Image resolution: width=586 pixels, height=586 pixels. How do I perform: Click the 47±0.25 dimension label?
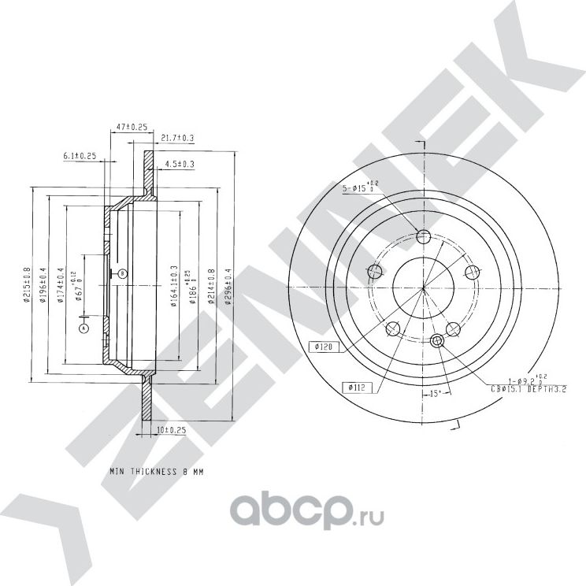pos(132,126)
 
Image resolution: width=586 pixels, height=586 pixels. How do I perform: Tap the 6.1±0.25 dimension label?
pos(80,156)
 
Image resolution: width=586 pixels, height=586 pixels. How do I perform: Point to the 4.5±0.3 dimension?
pos(180,164)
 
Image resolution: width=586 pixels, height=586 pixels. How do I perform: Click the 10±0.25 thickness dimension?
pos(170,430)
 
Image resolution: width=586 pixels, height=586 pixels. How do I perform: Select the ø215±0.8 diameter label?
pos(28,285)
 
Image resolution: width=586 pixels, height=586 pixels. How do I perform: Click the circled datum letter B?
pos(122,273)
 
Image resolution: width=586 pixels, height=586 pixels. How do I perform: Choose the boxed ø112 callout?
pos(354,387)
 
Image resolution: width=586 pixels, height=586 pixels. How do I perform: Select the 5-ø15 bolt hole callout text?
pos(359,188)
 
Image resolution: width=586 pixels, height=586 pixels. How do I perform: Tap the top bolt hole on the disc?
pos(423,236)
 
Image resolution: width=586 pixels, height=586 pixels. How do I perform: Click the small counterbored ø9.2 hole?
pos(439,340)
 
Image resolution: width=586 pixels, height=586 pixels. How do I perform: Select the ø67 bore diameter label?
pos(79,289)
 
